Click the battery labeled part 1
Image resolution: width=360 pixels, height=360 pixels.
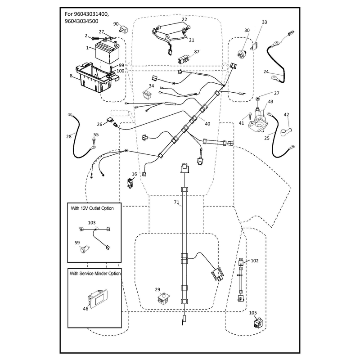click(107, 50)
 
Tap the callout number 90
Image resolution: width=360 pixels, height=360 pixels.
click(116, 24)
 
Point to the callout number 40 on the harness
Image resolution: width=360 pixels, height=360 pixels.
click(207, 124)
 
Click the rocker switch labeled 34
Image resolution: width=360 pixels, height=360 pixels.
click(148, 94)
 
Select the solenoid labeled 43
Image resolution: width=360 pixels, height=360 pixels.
click(258, 120)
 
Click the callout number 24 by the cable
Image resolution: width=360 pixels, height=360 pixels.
click(266, 72)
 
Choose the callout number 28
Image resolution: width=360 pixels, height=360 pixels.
click(69, 136)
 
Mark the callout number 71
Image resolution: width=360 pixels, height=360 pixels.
click(176, 202)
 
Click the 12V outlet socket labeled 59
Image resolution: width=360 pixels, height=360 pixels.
click(84, 249)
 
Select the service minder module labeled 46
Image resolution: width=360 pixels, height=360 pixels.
click(98, 299)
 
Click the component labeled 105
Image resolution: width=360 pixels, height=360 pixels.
click(258, 323)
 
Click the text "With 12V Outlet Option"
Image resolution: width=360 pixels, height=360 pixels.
click(92, 208)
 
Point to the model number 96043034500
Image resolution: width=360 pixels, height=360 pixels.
click(81, 21)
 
